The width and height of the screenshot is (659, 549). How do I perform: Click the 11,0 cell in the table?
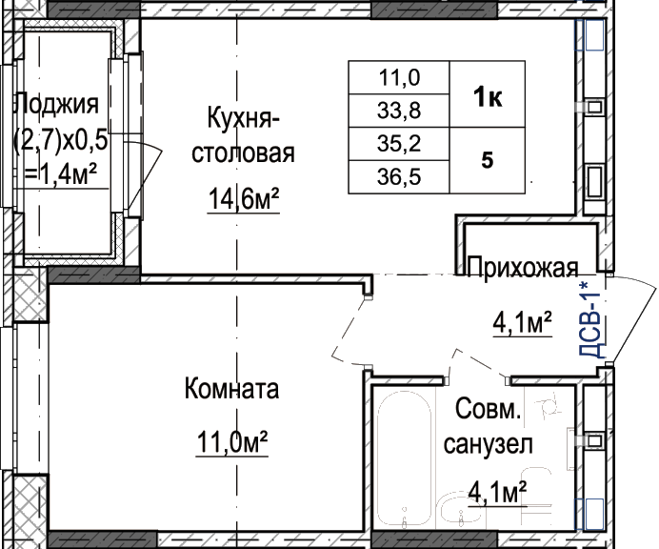pos(399,78)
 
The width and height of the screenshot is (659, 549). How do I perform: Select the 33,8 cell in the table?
pos(399,111)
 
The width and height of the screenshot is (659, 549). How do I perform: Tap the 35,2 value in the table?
pos(399,144)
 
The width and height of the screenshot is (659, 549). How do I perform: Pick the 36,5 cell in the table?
pos(399,176)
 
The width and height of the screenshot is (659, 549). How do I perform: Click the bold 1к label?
pos(488,97)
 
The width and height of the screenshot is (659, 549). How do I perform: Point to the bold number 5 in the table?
pos(487,160)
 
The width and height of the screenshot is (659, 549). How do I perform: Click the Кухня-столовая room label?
pos(244,135)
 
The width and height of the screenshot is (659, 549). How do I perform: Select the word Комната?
pos(231,388)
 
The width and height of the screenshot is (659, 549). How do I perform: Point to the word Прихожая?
pos(523,267)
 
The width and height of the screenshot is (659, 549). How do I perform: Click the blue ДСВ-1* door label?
pos(592,318)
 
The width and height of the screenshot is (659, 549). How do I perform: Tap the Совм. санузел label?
pos(489,426)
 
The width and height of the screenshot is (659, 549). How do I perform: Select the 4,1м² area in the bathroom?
pos(498,492)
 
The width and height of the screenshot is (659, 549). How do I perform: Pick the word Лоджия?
pos(57,105)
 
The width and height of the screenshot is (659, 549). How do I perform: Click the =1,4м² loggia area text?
pos(60,174)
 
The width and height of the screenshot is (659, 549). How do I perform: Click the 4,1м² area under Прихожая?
pos(522,323)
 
